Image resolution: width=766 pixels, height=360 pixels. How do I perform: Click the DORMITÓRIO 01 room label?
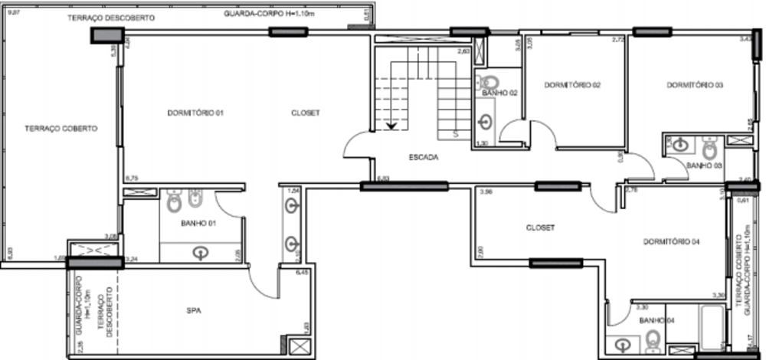195,113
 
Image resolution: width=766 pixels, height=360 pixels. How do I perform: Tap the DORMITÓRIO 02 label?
571,85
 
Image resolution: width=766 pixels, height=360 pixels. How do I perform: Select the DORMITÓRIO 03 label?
694,85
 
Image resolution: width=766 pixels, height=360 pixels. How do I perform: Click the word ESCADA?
423,158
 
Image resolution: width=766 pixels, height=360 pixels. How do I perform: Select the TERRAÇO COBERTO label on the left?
61,129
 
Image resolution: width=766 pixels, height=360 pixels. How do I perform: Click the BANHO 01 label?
198,224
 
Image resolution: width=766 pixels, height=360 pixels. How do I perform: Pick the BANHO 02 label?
501,93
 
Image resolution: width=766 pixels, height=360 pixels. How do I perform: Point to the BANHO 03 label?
705,165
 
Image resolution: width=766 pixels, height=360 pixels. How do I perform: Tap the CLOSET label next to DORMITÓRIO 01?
305,113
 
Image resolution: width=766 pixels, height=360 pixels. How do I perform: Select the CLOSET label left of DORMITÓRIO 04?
540,227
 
